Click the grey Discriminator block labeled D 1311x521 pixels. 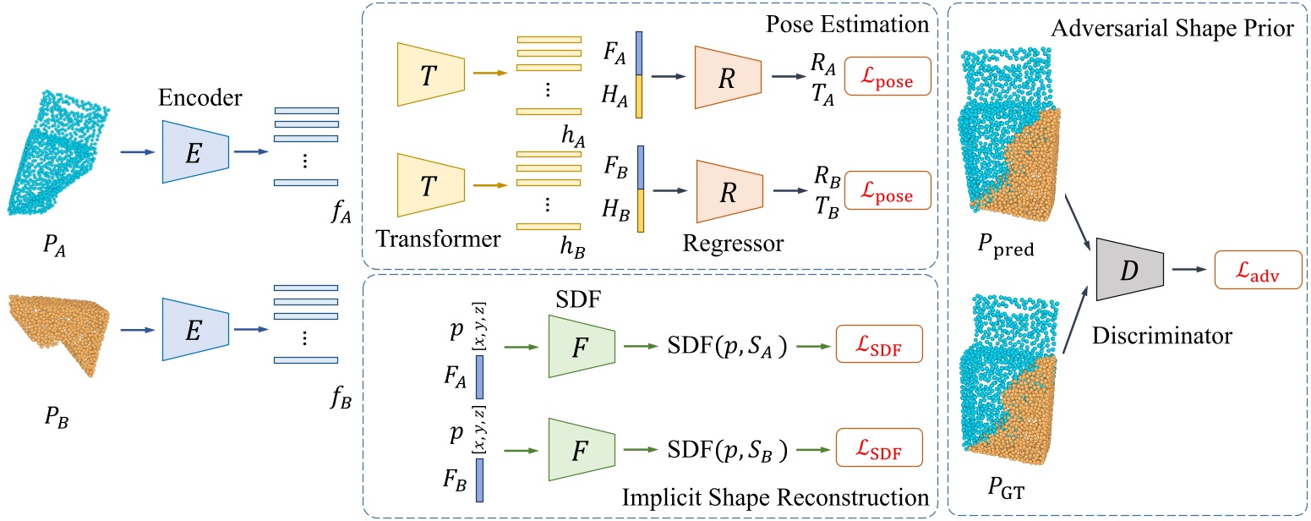(1130, 268)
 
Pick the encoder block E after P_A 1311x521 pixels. (196, 152)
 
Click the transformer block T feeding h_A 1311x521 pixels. (431, 74)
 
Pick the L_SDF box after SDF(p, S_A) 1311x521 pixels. (878, 347)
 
